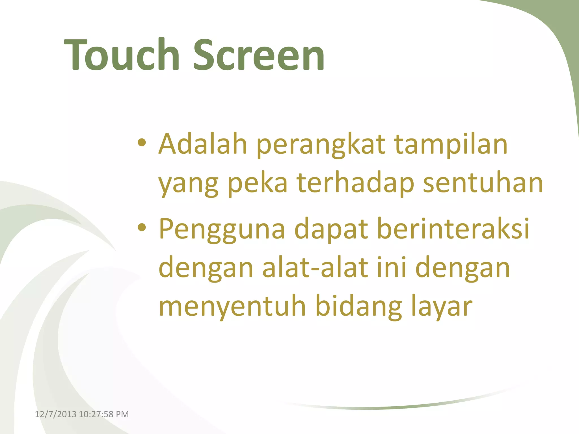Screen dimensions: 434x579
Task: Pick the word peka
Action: [257, 184]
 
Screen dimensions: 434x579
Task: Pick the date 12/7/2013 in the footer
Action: [55, 414]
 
